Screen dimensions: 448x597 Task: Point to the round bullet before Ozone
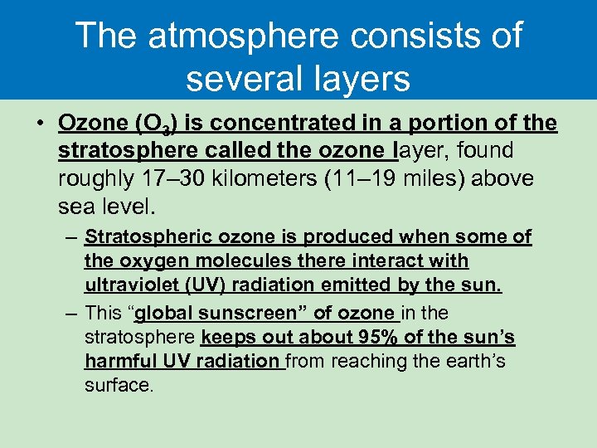pyautogui.click(x=40, y=124)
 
